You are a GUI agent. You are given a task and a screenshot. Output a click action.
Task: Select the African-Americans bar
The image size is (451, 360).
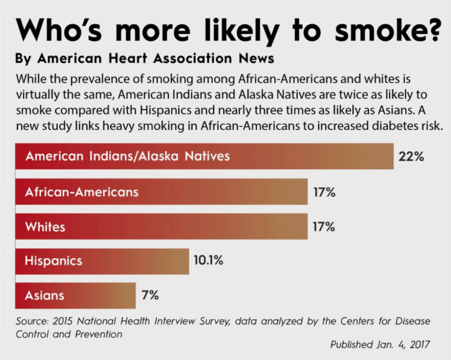pos(161,192)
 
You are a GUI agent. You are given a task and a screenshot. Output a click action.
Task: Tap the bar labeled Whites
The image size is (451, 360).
pos(161,227)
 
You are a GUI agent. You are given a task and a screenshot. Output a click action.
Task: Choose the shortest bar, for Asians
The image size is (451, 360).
pos(75,296)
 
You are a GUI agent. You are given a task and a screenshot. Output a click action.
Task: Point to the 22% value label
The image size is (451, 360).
pos(411,157)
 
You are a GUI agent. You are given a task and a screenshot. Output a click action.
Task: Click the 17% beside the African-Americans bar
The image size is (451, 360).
pos(323,192)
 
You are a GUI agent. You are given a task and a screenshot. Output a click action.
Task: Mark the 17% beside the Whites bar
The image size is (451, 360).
pos(323,227)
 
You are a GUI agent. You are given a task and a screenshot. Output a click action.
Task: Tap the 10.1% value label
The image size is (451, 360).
pos(208,262)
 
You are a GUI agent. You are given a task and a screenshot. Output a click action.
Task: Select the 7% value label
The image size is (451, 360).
pos(150,296)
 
